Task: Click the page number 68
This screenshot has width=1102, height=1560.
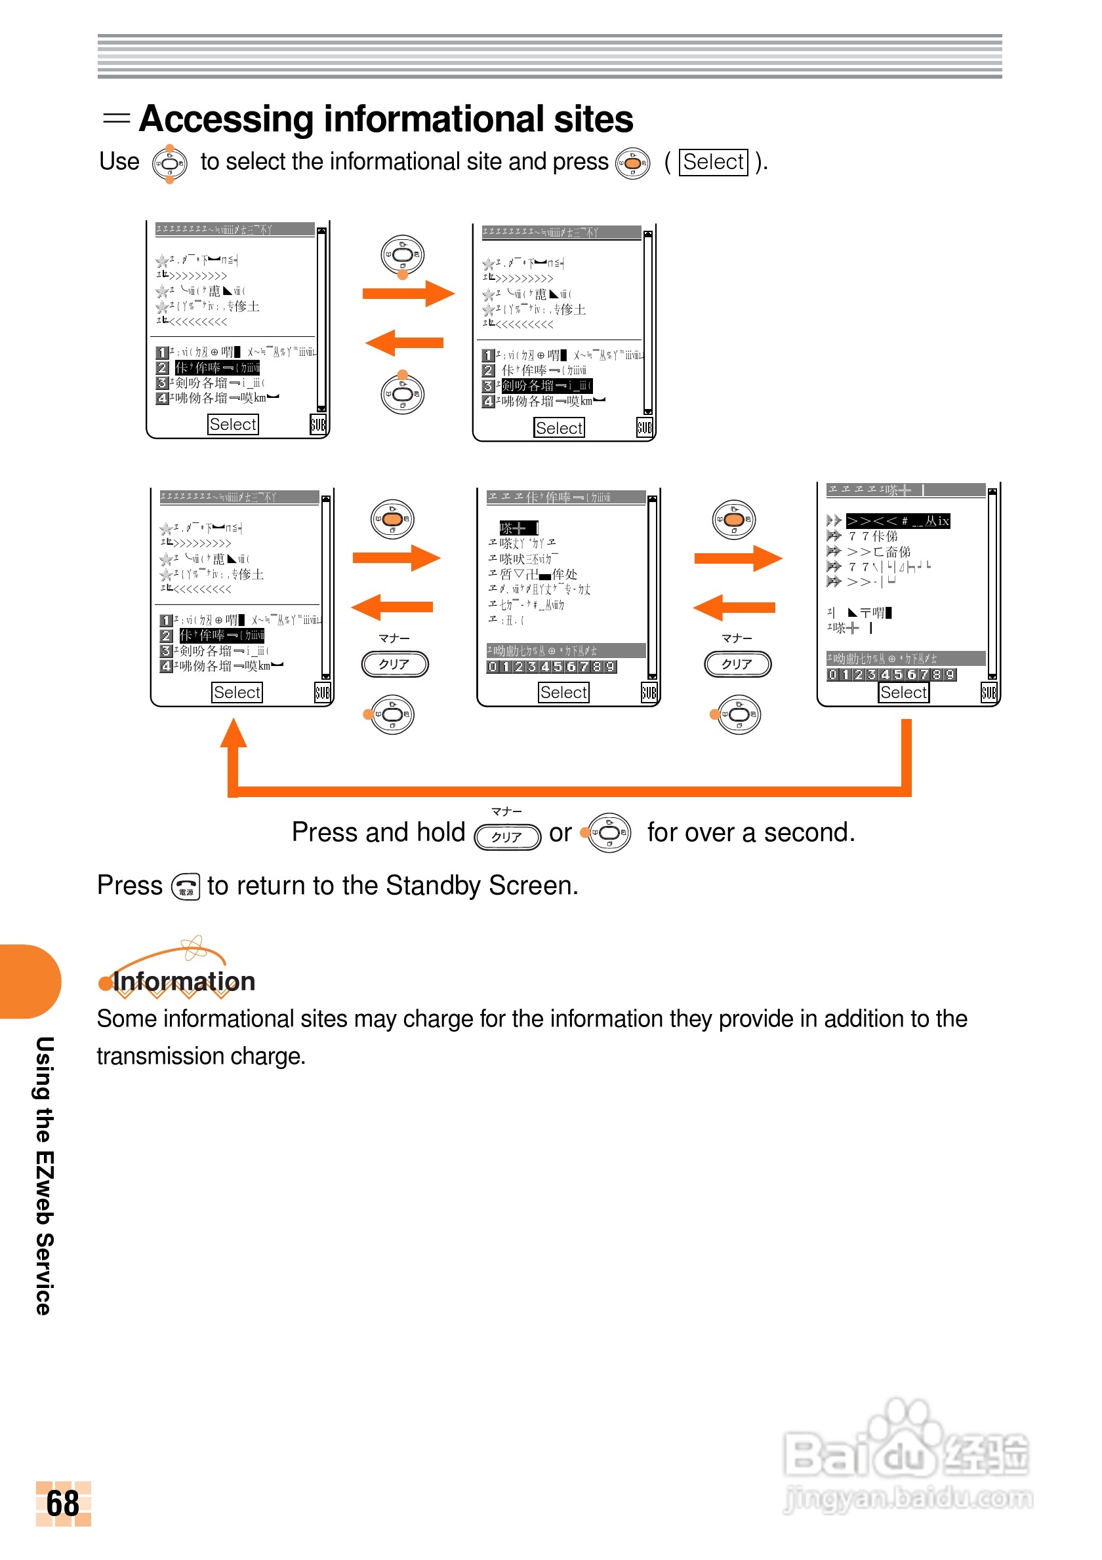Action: point(62,1502)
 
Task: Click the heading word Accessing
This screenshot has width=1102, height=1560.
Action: point(226,119)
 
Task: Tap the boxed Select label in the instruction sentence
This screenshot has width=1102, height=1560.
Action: point(713,163)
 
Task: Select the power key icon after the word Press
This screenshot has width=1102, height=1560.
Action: point(186,886)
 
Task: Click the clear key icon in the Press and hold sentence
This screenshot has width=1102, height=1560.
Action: point(507,836)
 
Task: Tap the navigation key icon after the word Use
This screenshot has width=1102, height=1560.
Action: point(169,164)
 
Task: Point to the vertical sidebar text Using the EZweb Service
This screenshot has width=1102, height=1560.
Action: point(44,1175)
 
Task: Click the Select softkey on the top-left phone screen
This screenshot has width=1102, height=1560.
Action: point(232,425)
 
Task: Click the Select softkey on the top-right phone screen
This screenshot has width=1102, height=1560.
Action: point(559,428)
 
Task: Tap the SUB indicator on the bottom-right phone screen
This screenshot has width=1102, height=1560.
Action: point(989,692)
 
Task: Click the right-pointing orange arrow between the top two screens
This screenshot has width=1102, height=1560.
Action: point(408,294)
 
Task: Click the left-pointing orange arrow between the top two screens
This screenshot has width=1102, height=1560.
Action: point(405,343)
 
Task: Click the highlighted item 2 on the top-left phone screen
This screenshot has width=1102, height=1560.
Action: point(217,368)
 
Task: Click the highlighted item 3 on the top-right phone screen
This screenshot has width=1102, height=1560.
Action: point(546,386)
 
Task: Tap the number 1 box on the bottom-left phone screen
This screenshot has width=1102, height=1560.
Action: point(166,620)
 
